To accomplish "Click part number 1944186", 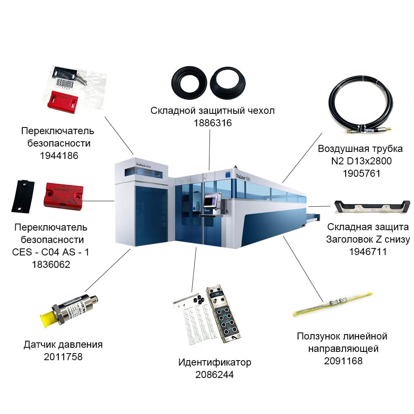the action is tap(59, 156).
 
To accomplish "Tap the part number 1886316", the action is tap(213, 123).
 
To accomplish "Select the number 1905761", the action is tap(361, 173).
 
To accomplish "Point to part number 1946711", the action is tap(368, 252).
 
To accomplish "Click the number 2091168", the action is tap(343, 361).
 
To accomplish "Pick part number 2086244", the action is tap(214, 374).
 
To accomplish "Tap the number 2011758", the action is tap(63, 357).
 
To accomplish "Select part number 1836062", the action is tap(51, 264).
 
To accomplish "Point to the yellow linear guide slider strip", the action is tap(333, 304).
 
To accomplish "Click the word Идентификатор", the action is tap(214, 362).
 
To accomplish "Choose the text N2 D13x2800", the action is tap(361, 161).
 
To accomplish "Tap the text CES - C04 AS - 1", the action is tap(51, 252).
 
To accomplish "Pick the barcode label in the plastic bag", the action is tap(65, 84).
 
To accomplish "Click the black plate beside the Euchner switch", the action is tap(23, 196).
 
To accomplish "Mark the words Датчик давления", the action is tap(63, 344).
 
